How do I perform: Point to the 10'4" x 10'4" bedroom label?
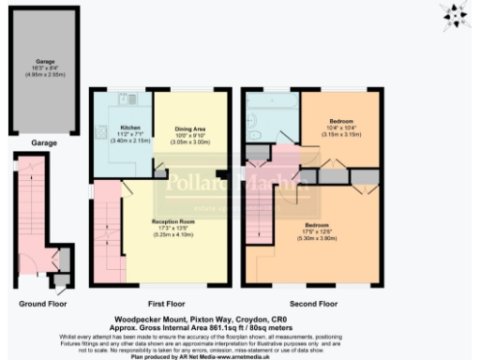[x=340, y=127]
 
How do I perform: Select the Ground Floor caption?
[x=42, y=304]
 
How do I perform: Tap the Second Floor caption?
[x=313, y=304]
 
